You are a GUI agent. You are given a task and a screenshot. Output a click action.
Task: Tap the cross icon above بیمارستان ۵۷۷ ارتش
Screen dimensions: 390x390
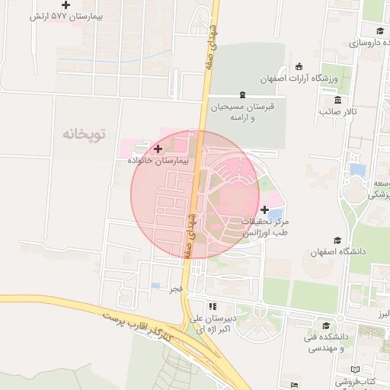pos(66,5)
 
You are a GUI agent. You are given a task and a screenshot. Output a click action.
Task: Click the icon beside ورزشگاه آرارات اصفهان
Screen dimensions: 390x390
pos(299,66)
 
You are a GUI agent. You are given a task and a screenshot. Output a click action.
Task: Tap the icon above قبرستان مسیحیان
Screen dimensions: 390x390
pos(242,95)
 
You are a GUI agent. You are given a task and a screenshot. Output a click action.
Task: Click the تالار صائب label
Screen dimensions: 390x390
pos(338,113)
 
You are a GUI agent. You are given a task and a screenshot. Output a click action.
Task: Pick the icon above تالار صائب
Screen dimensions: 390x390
pos(337,100)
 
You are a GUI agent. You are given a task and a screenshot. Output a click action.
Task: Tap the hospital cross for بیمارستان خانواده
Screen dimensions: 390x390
pos(158,149)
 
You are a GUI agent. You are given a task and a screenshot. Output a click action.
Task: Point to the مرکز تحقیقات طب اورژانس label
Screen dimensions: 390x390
pos(264,227)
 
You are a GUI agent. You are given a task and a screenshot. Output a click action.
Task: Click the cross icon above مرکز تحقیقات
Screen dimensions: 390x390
pos(264,209)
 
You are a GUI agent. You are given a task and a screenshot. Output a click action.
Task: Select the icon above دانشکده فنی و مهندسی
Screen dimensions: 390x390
pos(336,325)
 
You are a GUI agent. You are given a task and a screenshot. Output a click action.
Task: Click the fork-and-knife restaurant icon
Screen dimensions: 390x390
pos(202,306)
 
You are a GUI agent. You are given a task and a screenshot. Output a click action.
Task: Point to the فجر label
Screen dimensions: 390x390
pos(176,289)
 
